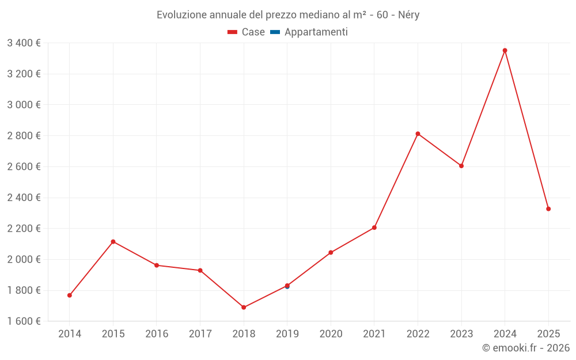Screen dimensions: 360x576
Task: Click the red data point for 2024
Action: click(505, 51)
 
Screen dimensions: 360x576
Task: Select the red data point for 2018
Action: click(244, 308)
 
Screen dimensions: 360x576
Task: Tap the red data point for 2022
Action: click(418, 134)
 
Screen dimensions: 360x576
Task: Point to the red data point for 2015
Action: click(113, 241)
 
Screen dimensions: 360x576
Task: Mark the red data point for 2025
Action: click(548, 209)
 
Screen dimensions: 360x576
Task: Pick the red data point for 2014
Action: click(70, 295)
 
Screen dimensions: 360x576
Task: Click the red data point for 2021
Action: click(374, 228)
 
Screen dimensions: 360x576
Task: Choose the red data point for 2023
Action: click(461, 166)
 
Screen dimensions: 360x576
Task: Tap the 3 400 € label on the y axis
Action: click(24, 43)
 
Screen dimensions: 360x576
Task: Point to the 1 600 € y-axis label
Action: click(24, 321)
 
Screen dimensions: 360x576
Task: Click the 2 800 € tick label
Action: click(24, 136)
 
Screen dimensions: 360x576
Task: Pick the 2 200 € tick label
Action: click(24, 229)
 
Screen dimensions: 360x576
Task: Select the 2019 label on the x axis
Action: click(287, 334)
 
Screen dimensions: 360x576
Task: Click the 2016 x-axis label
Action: click(157, 334)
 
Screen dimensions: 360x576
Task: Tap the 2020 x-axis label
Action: click(331, 334)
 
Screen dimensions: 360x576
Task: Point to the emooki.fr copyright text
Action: click(525, 348)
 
